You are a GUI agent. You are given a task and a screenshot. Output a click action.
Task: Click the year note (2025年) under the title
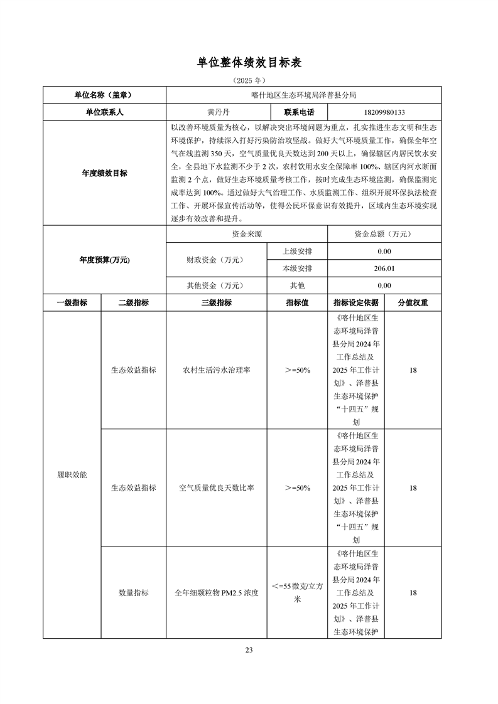(x=249, y=81)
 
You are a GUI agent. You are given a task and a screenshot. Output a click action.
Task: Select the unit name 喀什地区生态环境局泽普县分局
(x=303, y=95)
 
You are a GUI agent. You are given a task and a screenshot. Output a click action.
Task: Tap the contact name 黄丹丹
(x=218, y=113)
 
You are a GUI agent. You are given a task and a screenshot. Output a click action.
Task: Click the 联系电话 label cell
(x=299, y=113)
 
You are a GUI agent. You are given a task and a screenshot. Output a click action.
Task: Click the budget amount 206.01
(x=384, y=269)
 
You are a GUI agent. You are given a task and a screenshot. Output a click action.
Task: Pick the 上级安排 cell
(x=297, y=252)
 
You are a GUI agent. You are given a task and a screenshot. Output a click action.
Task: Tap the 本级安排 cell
(x=297, y=269)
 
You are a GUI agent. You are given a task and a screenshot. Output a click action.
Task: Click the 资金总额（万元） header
(x=384, y=234)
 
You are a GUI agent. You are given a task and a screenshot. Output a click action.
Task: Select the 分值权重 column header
(x=413, y=302)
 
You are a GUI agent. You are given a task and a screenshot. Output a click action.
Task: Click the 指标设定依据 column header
(x=356, y=302)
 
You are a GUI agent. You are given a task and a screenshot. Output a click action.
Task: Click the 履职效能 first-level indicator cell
(x=72, y=474)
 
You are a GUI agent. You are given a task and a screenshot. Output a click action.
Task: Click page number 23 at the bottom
(x=249, y=650)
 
